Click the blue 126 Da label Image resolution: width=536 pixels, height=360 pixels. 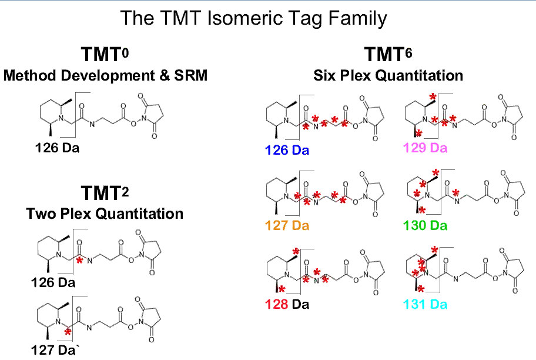coord(287,150)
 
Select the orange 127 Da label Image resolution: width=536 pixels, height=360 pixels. coord(287,225)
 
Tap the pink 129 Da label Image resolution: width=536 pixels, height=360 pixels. coord(425,148)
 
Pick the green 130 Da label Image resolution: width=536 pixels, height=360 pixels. coord(425,225)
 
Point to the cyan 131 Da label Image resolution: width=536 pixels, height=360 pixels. coord(425,304)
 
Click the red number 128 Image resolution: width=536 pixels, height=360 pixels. coord(277,304)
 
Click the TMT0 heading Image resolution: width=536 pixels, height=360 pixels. coord(105,54)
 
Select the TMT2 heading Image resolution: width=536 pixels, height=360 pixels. coord(105,193)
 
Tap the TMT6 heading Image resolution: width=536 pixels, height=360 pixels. coord(388,54)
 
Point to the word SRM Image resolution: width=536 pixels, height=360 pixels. coord(191,75)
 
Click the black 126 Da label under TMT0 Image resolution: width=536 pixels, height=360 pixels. coord(57,148)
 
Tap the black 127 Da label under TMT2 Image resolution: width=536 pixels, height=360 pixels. coord(53,350)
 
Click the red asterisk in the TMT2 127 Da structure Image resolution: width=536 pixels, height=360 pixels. coord(68,332)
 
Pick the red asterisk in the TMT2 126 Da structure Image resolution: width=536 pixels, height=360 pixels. coord(79,261)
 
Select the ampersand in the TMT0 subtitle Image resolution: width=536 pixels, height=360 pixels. coord(165,75)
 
